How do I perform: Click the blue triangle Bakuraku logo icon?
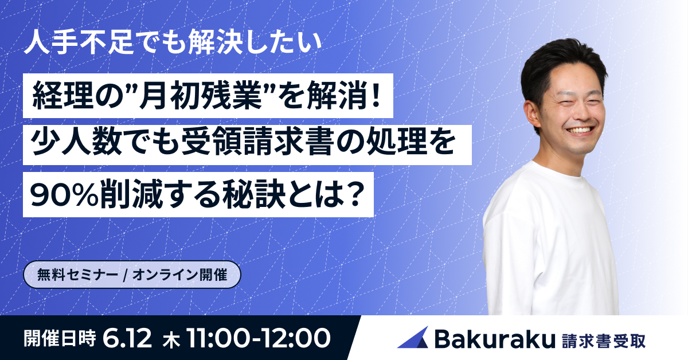click(413, 338)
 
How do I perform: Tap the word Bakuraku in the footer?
click(495, 339)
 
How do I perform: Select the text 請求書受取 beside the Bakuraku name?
click(604, 341)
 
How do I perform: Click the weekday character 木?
click(171, 341)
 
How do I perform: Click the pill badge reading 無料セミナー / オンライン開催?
click(132, 275)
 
